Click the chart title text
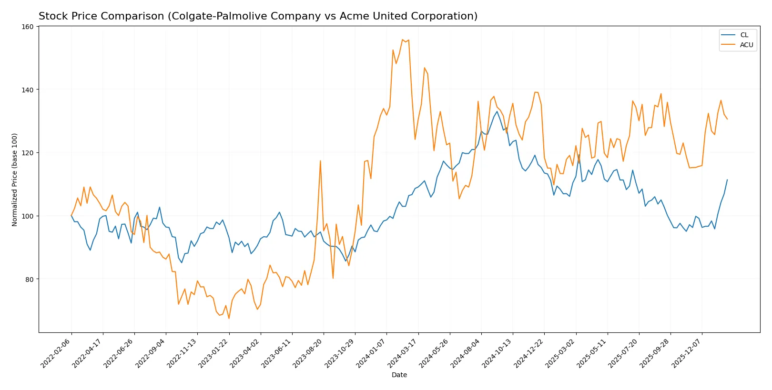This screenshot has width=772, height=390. click(x=258, y=16)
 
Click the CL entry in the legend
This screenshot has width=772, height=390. click(x=744, y=35)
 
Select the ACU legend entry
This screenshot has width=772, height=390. click(x=746, y=45)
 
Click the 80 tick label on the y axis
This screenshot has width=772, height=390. click(x=30, y=279)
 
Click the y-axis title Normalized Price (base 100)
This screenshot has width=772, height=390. click(x=15, y=180)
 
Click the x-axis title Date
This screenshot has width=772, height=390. click(x=399, y=375)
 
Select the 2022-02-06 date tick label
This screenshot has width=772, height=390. click(x=56, y=353)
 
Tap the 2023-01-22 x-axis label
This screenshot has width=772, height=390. click(x=214, y=353)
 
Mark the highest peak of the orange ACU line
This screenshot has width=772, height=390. click(x=403, y=40)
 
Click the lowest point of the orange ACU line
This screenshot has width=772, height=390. click(x=229, y=319)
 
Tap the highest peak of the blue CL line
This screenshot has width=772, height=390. click(x=497, y=111)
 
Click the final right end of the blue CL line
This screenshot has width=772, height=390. click(x=727, y=180)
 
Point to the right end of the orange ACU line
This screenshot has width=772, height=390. click(x=727, y=119)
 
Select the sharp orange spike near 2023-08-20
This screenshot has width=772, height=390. click(x=320, y=160)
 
